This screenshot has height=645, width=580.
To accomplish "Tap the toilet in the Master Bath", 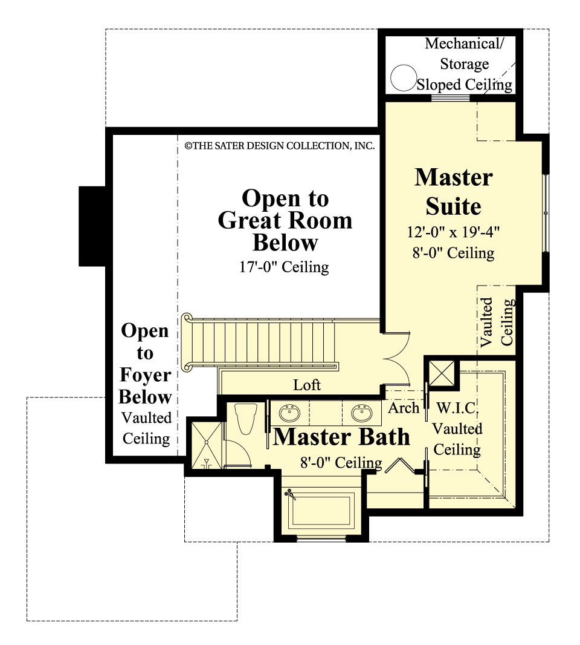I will (x=245, y=417).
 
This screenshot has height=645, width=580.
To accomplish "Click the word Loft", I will (x=306, y=385).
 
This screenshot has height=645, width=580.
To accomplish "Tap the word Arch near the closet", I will (x=404, y=408).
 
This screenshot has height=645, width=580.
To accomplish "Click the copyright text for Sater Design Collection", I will (x=279, y=146).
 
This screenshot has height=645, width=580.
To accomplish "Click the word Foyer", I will (x=145, y=376).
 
